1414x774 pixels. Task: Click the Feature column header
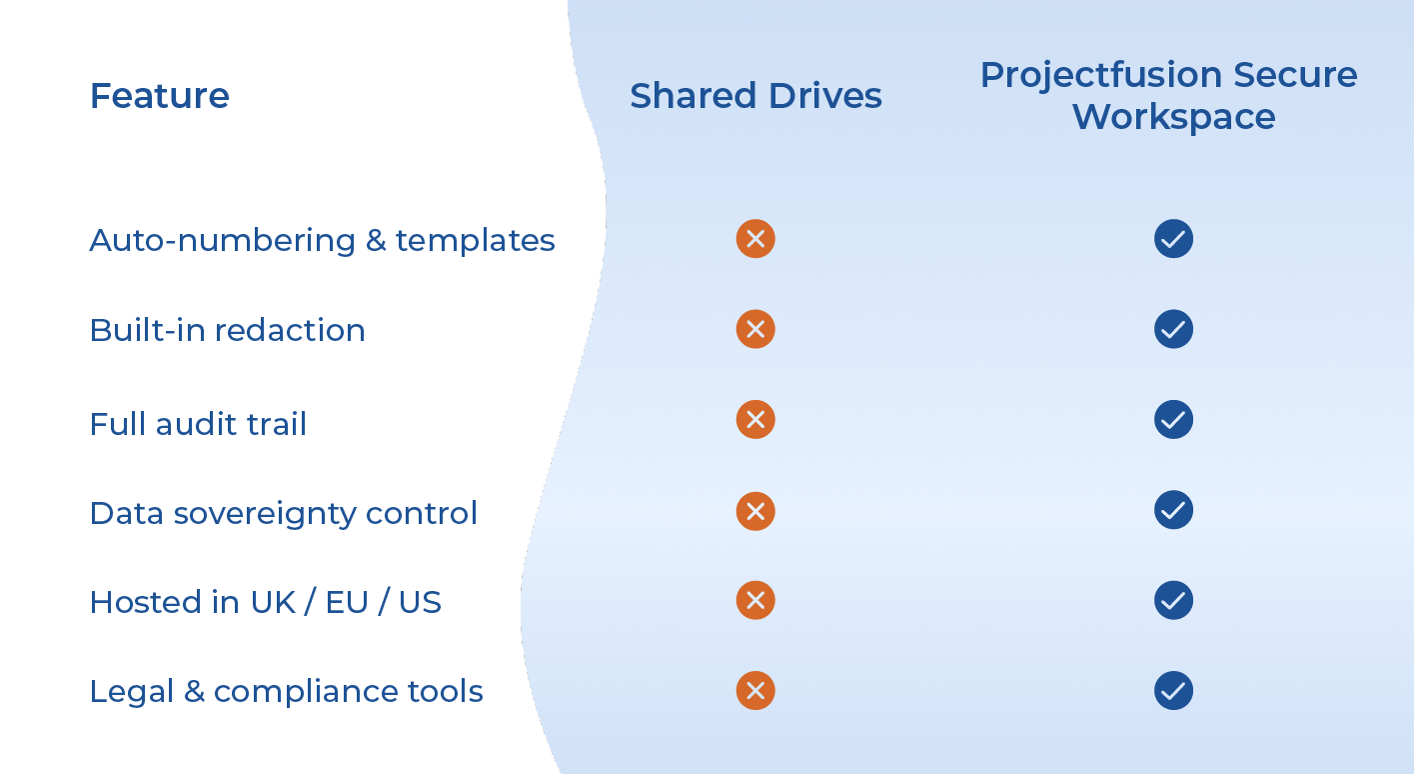(160, 96)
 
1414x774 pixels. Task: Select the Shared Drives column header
(755, 96)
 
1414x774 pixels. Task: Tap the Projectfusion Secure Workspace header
(1168, 96)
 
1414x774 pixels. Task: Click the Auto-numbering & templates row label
(322, 240)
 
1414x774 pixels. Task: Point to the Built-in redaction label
(227, 330)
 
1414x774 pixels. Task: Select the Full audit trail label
(198, 424)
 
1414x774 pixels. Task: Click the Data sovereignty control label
(283, 513)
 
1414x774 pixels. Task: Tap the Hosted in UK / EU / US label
(265, 602)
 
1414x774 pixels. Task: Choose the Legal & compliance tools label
(286, 691)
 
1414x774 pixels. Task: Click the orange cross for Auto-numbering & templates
(755, 239)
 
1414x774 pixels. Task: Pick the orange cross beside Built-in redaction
(755, 329)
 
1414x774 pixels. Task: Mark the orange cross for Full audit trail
(755, 420)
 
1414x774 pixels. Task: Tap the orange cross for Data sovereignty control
(755, 511)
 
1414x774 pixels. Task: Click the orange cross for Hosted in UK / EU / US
(755, 600)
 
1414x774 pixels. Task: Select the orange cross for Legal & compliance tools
(755, 690)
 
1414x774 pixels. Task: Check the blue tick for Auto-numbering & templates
(1173, 239)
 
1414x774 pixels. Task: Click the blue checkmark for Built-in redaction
(1173, 329)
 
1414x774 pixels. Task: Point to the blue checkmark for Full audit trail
(1173, 420)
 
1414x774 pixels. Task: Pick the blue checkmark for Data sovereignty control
(1173, 510)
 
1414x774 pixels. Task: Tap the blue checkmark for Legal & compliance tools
(1173, 690)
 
